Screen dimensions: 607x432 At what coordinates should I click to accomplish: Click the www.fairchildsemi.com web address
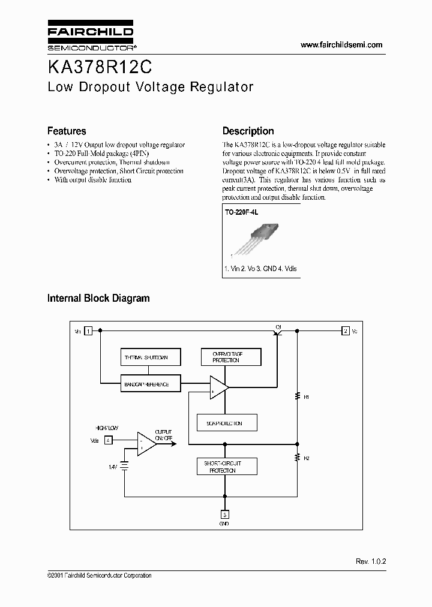[341, 45]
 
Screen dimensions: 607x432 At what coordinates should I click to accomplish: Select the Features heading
[67, 131]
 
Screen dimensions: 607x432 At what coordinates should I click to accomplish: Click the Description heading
[248, 131]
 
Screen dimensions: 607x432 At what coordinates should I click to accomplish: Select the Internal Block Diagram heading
[98, 298]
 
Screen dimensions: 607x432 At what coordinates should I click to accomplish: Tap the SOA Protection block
[227, 422]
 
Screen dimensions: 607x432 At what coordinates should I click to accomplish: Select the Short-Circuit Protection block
[227, 467]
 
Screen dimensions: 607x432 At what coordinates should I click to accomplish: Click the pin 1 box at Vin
[88, 330]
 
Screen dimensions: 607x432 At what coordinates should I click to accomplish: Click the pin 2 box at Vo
[346, 330]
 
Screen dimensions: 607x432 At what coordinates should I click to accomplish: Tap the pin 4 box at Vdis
[107, 440]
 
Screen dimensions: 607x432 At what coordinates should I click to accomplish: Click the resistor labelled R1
[296, 396]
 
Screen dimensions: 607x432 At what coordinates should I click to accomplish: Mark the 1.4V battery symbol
[125, 465]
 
